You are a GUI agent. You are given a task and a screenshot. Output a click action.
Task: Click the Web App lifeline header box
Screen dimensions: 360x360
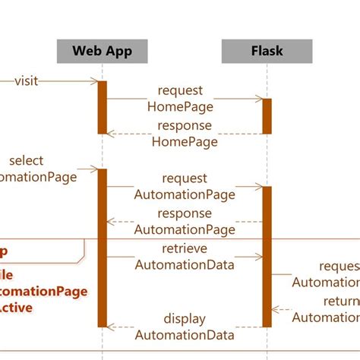pyautogui.click(x=102, y=52)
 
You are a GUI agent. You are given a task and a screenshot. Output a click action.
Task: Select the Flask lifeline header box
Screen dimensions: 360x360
pyautogui.click(x=267, y=52)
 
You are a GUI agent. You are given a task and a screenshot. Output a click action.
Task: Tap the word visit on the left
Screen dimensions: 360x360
pyautogui.click(x=26, y=81)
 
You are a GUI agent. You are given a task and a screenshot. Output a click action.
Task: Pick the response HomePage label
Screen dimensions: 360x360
pyautogui.click(x=185, y=134)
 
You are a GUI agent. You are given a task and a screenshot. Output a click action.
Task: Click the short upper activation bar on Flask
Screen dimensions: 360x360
pyautogui.click(x=267, y=115)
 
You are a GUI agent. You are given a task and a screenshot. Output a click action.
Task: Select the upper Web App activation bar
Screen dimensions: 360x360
pyautogui.click(x=103, y=107)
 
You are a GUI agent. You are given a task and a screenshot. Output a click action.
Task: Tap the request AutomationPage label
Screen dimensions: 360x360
pyautogui.click(x=185, y=186)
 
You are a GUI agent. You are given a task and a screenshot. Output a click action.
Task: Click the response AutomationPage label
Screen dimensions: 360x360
pyautogui.click(x=185, y=222)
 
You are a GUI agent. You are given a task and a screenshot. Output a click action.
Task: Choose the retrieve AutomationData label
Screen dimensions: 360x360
pyautogui.click(x=185, y=257)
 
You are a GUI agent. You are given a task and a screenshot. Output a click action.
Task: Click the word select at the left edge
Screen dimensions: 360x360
pyautogui.click(x=27, y=161)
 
